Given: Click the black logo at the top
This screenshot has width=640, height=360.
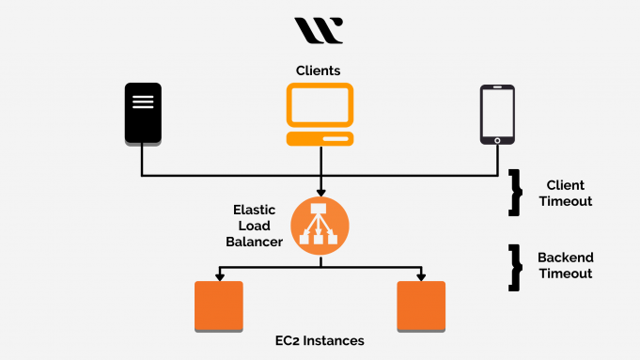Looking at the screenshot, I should pyautogui.click(x=320, y=30).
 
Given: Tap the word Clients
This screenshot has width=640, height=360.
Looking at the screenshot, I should pyautogui.click(x=319, y=70).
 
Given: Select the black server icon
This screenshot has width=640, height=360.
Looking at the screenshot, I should pyautogui.click(x=143, y=114).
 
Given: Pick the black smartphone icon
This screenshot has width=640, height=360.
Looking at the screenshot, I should pyautogui.click(x=496, y=115).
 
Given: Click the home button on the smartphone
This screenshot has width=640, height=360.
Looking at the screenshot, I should pyautogui.click(x=496, y=140).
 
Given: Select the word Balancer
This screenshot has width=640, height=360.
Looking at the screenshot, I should pyautogui.click(x=254, y=242).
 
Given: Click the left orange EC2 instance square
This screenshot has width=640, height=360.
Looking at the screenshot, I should pyautogui.click(x=218, y=306).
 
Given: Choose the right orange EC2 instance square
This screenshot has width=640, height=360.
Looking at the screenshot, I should pyautogui.click(x=421, y=306).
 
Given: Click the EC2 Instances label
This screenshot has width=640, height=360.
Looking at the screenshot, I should pyautogui.click(x=320, y=340).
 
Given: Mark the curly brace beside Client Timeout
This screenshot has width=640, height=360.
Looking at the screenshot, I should pyautogui.click(x=515, y=193).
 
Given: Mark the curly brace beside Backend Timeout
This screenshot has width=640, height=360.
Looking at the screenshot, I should pyautogui.click(x=515, y=265).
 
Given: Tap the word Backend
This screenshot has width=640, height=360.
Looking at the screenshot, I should pyautogui.click(x=565, y=257).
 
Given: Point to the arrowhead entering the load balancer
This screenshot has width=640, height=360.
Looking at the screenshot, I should pyautogui.click(x=320, y=193).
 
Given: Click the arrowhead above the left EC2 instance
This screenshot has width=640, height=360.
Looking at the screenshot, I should pyautogui.click(x=218, y=276).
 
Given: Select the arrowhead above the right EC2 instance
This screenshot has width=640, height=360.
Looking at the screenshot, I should pyautogui.click(x=421, y=276).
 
